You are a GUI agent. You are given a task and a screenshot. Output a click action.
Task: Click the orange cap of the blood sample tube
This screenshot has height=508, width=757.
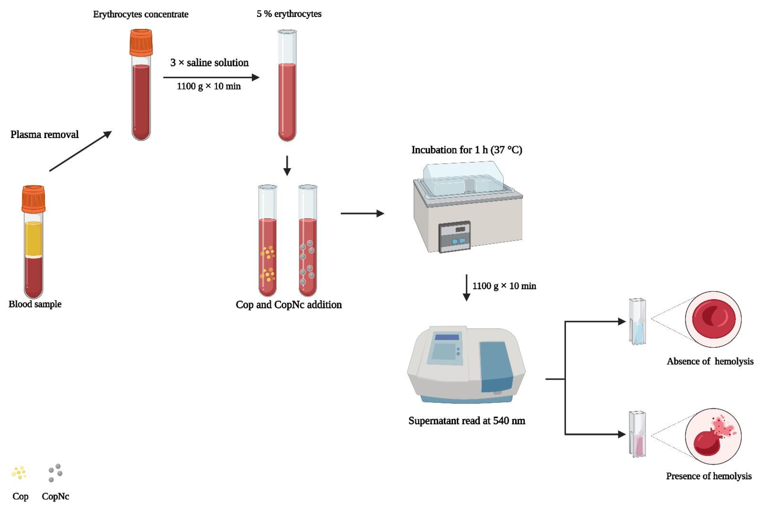pyautogui.click(x=33, y=199)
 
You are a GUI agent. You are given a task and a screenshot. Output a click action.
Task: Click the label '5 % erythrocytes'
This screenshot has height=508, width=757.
pyautogui.click(x=289, y=14)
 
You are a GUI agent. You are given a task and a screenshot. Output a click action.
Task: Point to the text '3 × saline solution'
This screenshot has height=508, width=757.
pyautogui.click(x=209, y=63)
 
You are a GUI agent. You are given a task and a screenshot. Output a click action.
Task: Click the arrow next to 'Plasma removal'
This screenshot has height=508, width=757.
pyautogui.click(x=80, y=151)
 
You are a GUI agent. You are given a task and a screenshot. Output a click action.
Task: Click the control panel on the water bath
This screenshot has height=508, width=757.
pyautogui.click(x=454, y=237)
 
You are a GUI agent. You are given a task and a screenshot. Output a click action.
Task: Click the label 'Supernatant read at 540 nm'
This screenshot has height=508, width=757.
pyautogui.click(x=467, y=420)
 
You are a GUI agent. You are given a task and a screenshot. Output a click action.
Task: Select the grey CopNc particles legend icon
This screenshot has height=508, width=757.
pyautogui.click(x=55, y=472)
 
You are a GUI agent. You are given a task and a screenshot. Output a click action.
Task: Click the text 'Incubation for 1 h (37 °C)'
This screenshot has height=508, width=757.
pyautogui.click(x=467, y=150)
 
